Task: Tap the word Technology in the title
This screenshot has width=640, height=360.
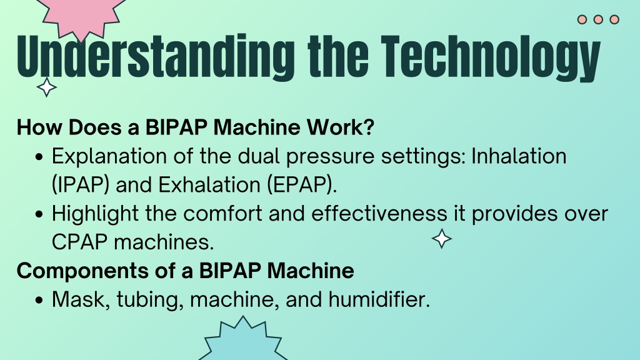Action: pos(491,58)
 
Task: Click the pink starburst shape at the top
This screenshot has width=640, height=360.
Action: pos(82,16)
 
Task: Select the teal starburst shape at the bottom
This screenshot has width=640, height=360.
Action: pos(243,339)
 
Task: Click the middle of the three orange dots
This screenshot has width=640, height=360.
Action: pos(598,19)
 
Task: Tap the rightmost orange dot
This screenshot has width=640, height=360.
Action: pos(614,19)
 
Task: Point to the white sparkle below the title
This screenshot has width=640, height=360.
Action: pos(46,87)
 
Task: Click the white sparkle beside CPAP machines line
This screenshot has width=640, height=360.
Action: pos(442,239)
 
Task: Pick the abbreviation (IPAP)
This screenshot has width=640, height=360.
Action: pos(81,185)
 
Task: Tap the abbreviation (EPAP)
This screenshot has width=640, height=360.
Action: pos(302,185)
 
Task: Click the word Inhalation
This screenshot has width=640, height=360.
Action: pos(519,156)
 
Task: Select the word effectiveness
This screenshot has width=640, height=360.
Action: pos(379,213)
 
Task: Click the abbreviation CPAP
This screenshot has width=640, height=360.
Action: pos(79,242)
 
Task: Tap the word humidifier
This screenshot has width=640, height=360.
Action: pos(379,299)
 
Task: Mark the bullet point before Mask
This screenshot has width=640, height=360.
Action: pos(39,301)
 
